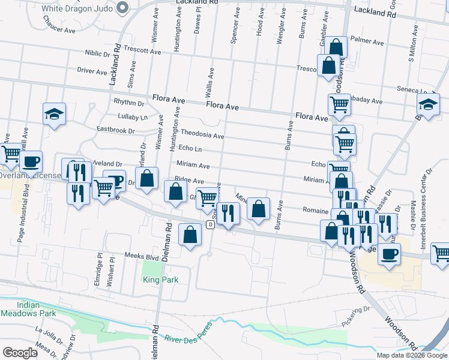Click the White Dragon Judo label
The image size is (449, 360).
point(78,9)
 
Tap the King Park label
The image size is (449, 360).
point(160,280)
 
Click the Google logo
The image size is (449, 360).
point(20,353)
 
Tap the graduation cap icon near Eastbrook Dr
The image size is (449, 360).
point(54,114)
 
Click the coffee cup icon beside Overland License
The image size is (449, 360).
point(31,161)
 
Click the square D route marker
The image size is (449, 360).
point(210,224)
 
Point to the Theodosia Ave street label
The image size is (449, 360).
point(202,134)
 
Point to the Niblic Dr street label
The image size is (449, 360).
point(97,53)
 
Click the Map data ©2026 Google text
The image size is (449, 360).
point(411,355)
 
